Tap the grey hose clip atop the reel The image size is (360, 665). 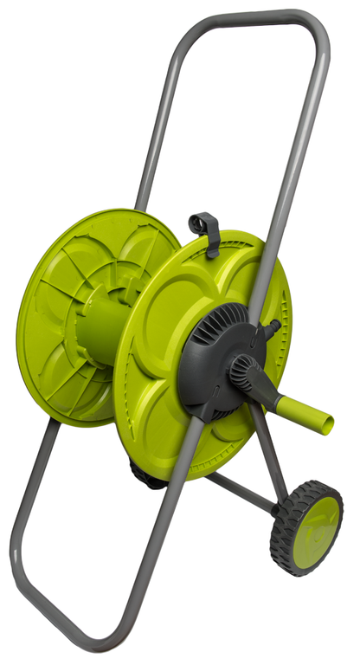[x=205, y=229]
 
